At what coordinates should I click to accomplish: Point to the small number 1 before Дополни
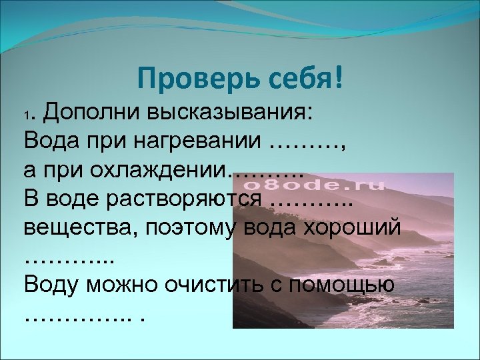pyautogui.click(x=27, y=117)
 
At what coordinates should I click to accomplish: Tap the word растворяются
pyautogui.click(x=198, y=199)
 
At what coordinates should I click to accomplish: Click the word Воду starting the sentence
pyautogui.click(x=52, y=285)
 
